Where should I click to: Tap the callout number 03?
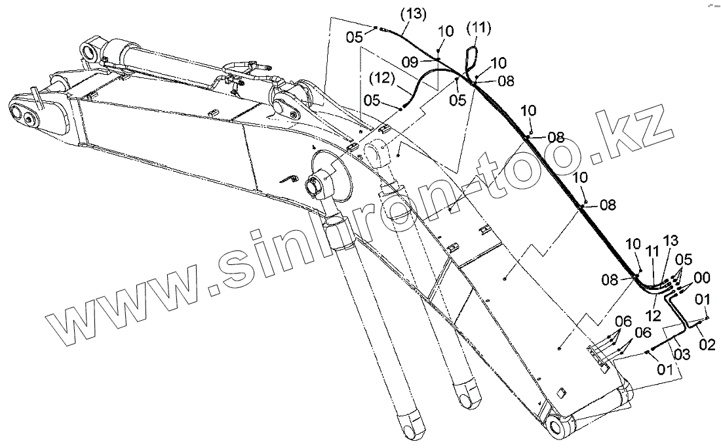[681, 355]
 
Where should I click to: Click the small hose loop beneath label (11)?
[470, 58]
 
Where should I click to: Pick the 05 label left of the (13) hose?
[355, 37]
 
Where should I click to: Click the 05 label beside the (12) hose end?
[372, 100]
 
